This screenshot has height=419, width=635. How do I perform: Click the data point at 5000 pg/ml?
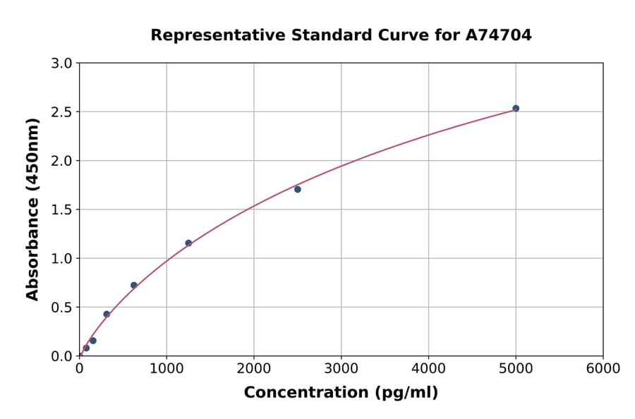point(516,108)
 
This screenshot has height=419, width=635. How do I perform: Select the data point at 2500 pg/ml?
point(298,189)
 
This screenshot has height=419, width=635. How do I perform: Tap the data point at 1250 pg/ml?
point(188,243)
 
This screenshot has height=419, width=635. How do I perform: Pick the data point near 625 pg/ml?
point(134,285)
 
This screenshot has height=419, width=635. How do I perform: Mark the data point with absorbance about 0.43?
point(107,314)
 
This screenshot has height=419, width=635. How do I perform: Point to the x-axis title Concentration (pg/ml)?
point(341,393)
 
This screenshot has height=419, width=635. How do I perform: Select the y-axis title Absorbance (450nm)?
point(32,209)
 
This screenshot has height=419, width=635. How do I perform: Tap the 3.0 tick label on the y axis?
point(63,63)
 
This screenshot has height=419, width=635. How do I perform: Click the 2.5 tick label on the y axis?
point(63,112)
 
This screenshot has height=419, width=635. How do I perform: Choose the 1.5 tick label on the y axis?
point(63,209)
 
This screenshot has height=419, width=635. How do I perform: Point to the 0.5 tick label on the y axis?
point(63,307)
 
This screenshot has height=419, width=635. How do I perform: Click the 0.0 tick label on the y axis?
point(63,356)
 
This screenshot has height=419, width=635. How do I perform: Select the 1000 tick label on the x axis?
point(167,369)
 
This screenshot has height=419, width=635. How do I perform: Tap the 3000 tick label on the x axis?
point(341,369)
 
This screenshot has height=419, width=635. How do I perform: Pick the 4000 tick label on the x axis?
point(428,369)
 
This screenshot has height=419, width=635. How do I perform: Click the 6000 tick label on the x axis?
point(603,369)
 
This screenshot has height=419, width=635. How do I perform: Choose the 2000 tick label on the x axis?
point(254,369)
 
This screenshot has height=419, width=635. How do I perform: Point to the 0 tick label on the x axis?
point(79,369)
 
